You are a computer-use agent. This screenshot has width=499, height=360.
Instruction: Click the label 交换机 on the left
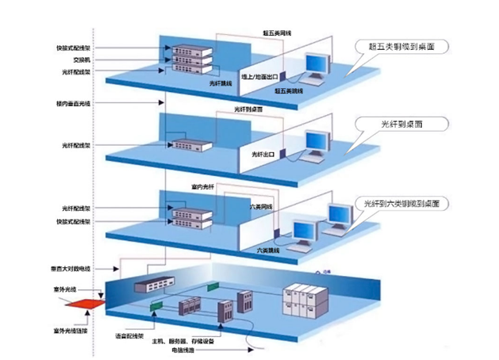(x=71, y=59)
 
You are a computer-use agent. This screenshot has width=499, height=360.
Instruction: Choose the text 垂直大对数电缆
(x=71, y=270)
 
